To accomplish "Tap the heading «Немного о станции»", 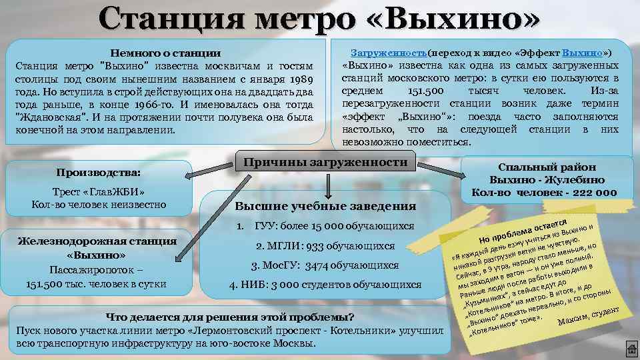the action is click(165, 53).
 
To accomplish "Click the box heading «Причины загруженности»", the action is click(325, 163).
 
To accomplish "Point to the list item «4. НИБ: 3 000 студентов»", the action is click(325, 285).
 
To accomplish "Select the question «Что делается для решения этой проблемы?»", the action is click(231, 317).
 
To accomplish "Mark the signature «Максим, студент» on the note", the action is click(589, 317).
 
